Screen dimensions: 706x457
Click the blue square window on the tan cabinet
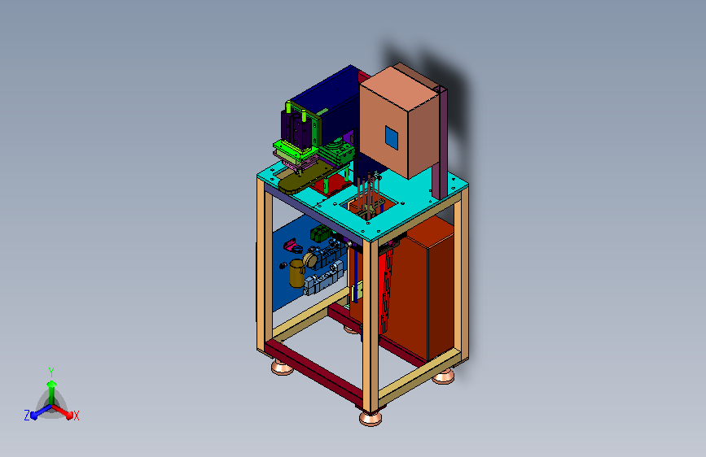[391, 137]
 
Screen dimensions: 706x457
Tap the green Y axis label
[51, 372]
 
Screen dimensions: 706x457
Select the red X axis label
[76, 416]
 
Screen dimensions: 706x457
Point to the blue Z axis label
[27, 416]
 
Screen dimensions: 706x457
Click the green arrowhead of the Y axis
[52, 384]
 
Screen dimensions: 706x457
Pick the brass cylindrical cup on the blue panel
[296, 273]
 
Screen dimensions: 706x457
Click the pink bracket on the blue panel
[292, 246]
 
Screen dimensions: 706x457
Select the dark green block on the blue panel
[320, 233]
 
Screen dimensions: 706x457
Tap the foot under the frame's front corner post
[371, 418]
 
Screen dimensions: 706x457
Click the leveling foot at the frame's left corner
[283, 367]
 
